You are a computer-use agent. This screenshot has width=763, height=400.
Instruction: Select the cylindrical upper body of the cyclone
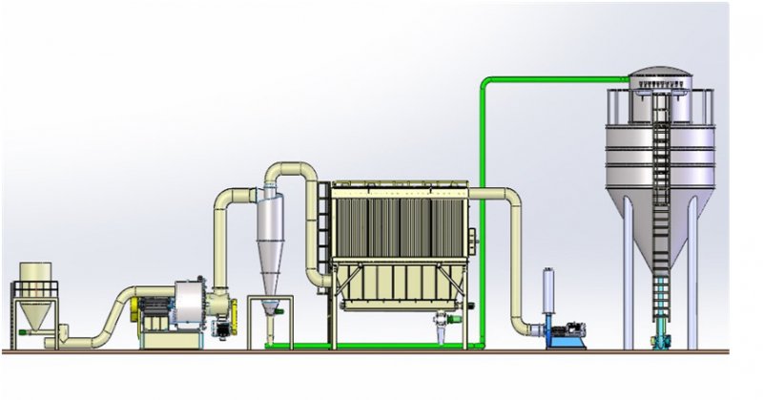pyautogui.click(x=271, y=215)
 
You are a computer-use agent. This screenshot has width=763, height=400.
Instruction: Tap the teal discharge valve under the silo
pyautogui.click(x=660, y=336)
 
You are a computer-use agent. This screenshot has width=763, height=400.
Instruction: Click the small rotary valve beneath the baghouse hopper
pyautogui.click(x=442, y=325)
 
